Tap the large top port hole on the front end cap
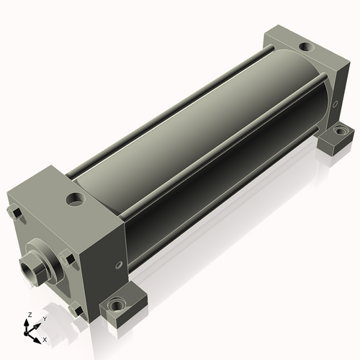(74, 199)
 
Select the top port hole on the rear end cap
(305, 48)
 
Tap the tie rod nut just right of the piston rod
(67, 258)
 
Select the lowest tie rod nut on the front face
(76, 310)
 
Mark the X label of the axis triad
(45, 339)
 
